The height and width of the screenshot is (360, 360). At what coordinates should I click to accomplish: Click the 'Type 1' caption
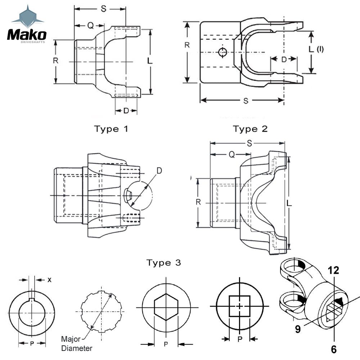111,129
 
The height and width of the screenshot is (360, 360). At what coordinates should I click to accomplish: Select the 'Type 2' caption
250,129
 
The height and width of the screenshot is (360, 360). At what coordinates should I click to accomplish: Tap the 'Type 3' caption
164,263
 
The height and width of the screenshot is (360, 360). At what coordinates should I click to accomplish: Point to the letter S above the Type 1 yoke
103,9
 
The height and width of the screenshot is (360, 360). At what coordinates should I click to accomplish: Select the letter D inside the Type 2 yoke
284,60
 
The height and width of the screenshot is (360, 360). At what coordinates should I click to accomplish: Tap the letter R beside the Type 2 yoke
187,45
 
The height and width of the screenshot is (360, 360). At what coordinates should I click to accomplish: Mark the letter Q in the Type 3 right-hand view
232,155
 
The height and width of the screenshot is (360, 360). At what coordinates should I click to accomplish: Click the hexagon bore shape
166,308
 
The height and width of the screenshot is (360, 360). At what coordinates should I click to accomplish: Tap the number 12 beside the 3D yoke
333,271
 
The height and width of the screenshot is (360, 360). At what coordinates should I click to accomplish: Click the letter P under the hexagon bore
166,344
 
